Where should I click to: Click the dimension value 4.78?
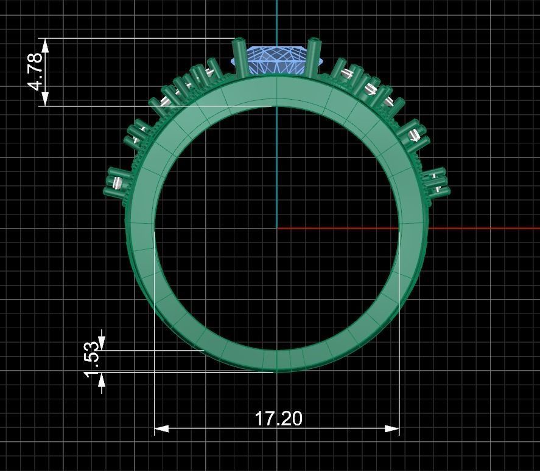[x=36, y=71]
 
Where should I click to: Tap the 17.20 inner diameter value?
[x=278, y=419]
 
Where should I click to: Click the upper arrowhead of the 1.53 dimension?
[x=101, y=343]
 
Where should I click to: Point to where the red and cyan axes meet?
[x=277, y=229]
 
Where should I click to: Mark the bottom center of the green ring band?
[x=276, y=361]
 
